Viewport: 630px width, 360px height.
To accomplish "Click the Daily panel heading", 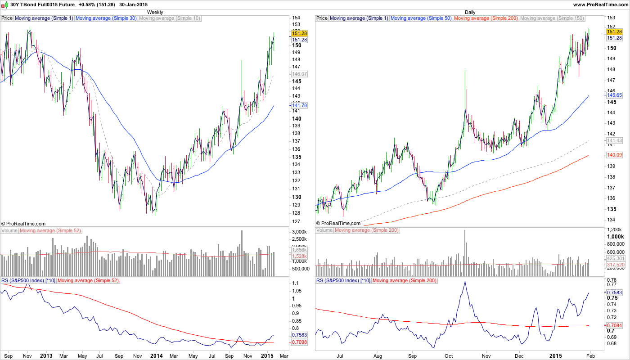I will (470, 12).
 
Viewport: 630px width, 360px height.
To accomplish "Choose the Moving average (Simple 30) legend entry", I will (106, 18).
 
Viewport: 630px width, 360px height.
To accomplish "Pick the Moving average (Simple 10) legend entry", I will (170, 18).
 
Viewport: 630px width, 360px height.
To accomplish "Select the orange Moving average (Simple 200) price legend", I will (486, 18).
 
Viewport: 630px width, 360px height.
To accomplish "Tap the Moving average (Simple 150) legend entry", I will (552, 18).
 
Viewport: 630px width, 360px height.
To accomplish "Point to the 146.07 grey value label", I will (299, 74).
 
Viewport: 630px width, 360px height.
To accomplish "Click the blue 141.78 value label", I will (299, 105).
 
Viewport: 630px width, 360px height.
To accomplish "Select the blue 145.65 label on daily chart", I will (614, 95).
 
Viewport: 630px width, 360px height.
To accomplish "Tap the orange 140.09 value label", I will (614, 155).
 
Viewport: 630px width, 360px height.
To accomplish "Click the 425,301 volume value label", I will (616, 259).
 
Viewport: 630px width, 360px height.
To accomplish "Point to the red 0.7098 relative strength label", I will (299, 342).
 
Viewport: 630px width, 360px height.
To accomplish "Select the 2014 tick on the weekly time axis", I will (156, 355).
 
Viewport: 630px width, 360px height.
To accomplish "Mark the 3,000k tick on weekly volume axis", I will (300, 232).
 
